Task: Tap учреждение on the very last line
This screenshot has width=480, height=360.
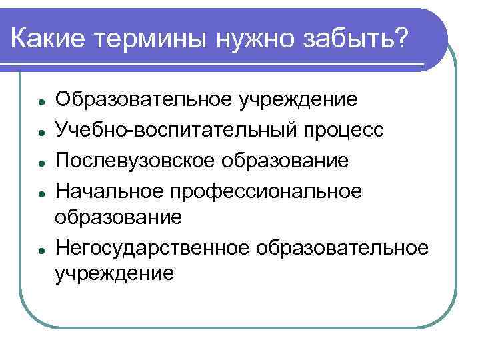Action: pos(115,273)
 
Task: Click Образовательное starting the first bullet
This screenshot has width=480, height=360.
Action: pos(145,100)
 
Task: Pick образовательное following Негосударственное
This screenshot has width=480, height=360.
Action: pos(340,248)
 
